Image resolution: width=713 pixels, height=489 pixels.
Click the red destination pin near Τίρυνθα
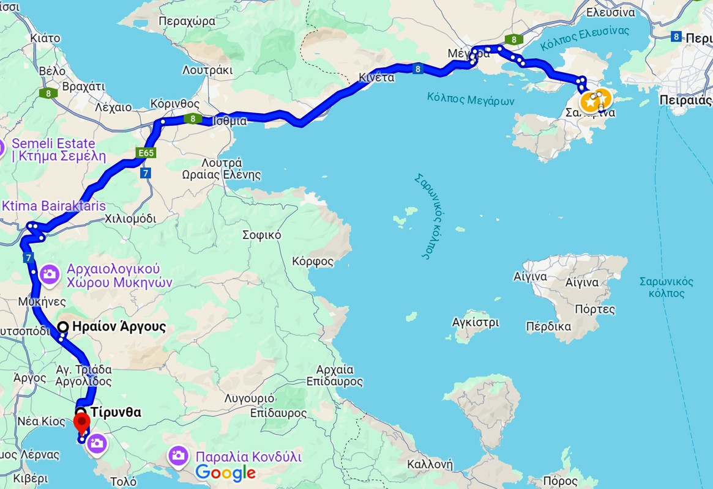coord(81,422)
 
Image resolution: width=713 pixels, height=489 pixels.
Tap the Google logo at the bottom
coord(225,472)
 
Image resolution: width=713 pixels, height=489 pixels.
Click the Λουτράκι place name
coord(207,70)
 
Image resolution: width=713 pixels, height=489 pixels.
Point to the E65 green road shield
coord(146,153)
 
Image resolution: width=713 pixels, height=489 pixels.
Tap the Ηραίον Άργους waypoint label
coord(119,326)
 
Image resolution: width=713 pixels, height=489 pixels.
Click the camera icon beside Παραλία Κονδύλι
coord(178,456)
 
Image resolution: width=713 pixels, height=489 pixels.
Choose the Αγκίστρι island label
coord(476,322)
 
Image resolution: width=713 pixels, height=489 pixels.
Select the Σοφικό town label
coord(261,234)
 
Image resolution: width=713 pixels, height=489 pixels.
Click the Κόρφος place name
coord(313,262)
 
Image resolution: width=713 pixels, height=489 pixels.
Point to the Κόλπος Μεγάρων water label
coord(471,100)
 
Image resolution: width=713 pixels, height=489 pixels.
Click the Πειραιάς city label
coord(686,100)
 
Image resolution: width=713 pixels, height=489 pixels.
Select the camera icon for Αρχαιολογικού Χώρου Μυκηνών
coord(50,274)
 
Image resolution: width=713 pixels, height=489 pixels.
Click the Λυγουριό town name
coord(248,398)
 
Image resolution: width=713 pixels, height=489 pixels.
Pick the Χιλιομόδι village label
coord(130,218)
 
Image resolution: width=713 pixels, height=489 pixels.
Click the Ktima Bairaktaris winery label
coord(54,205)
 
